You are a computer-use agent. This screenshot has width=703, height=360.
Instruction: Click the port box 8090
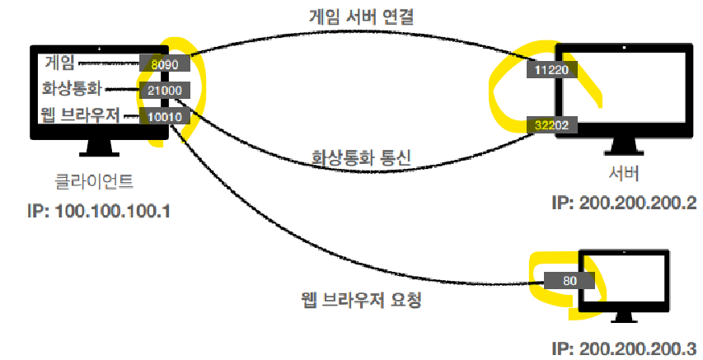point(165,63)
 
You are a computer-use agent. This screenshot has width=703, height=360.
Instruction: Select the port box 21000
point(165,90)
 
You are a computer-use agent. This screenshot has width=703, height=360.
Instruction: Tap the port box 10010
point(165,116)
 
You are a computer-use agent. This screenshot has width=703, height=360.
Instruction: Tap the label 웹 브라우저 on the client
point(78,115)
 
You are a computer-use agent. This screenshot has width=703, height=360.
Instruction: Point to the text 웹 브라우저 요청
point(361,299)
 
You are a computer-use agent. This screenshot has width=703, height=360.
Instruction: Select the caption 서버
point(624,175)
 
